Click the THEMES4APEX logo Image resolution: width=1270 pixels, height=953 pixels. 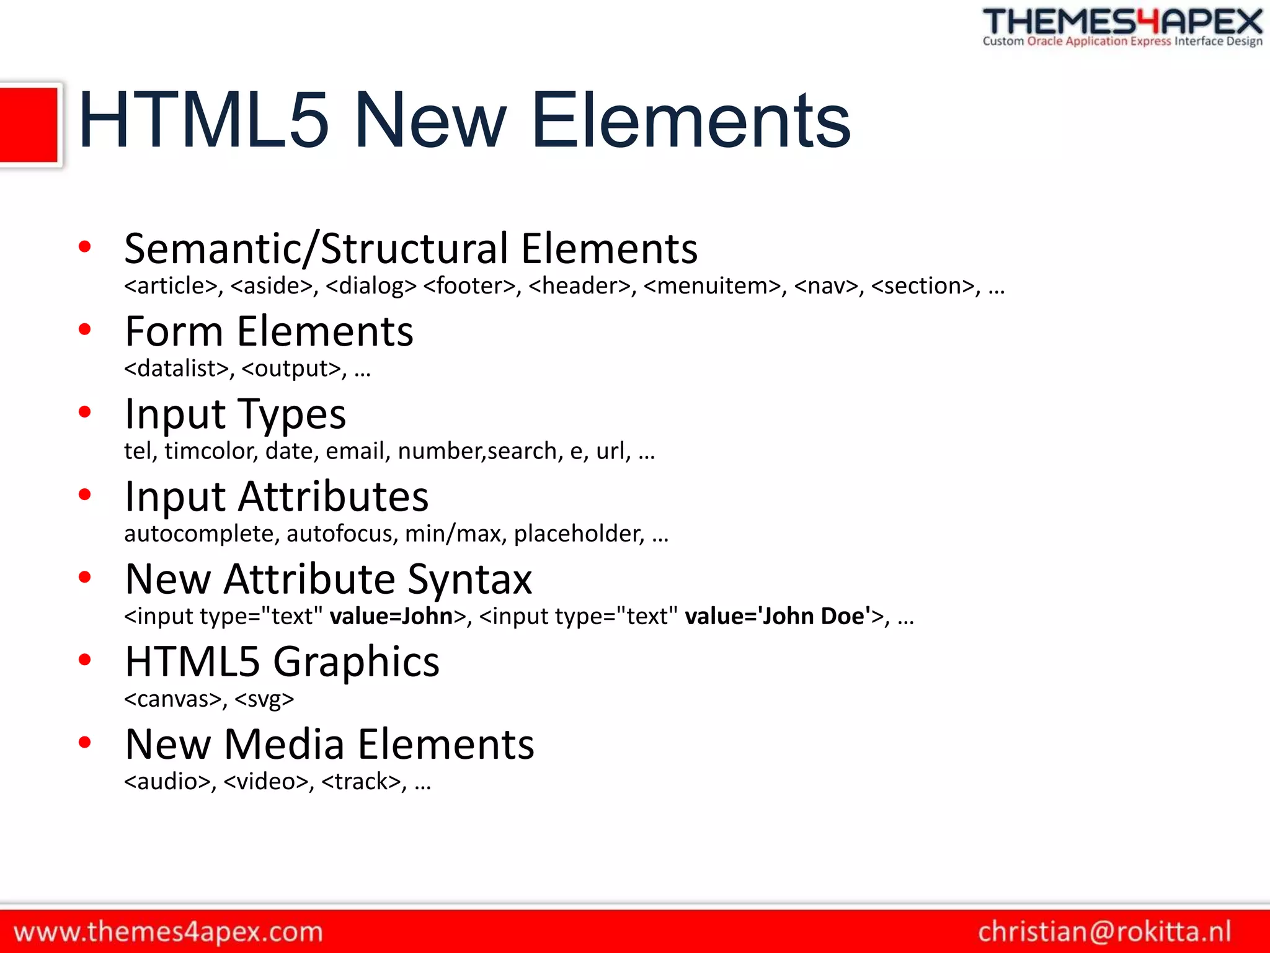point(1122,27)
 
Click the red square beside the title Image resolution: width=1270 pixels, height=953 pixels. point(29,125)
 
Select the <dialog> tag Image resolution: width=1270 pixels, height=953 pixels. point(371,286)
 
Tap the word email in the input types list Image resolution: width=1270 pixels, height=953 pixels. point(358,451)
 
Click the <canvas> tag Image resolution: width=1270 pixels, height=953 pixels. point(173,699)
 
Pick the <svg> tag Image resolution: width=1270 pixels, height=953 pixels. point(264,699)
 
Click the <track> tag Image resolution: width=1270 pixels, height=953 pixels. point(363,782)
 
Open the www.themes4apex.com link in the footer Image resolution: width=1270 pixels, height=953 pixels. point(169,932)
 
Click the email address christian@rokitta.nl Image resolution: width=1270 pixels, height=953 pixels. point(1104,932)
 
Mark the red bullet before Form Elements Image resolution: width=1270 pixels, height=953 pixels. point(85,329)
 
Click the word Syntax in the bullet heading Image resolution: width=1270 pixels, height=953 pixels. point(470,579)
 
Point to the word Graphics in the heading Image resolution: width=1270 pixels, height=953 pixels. point(357,661)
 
